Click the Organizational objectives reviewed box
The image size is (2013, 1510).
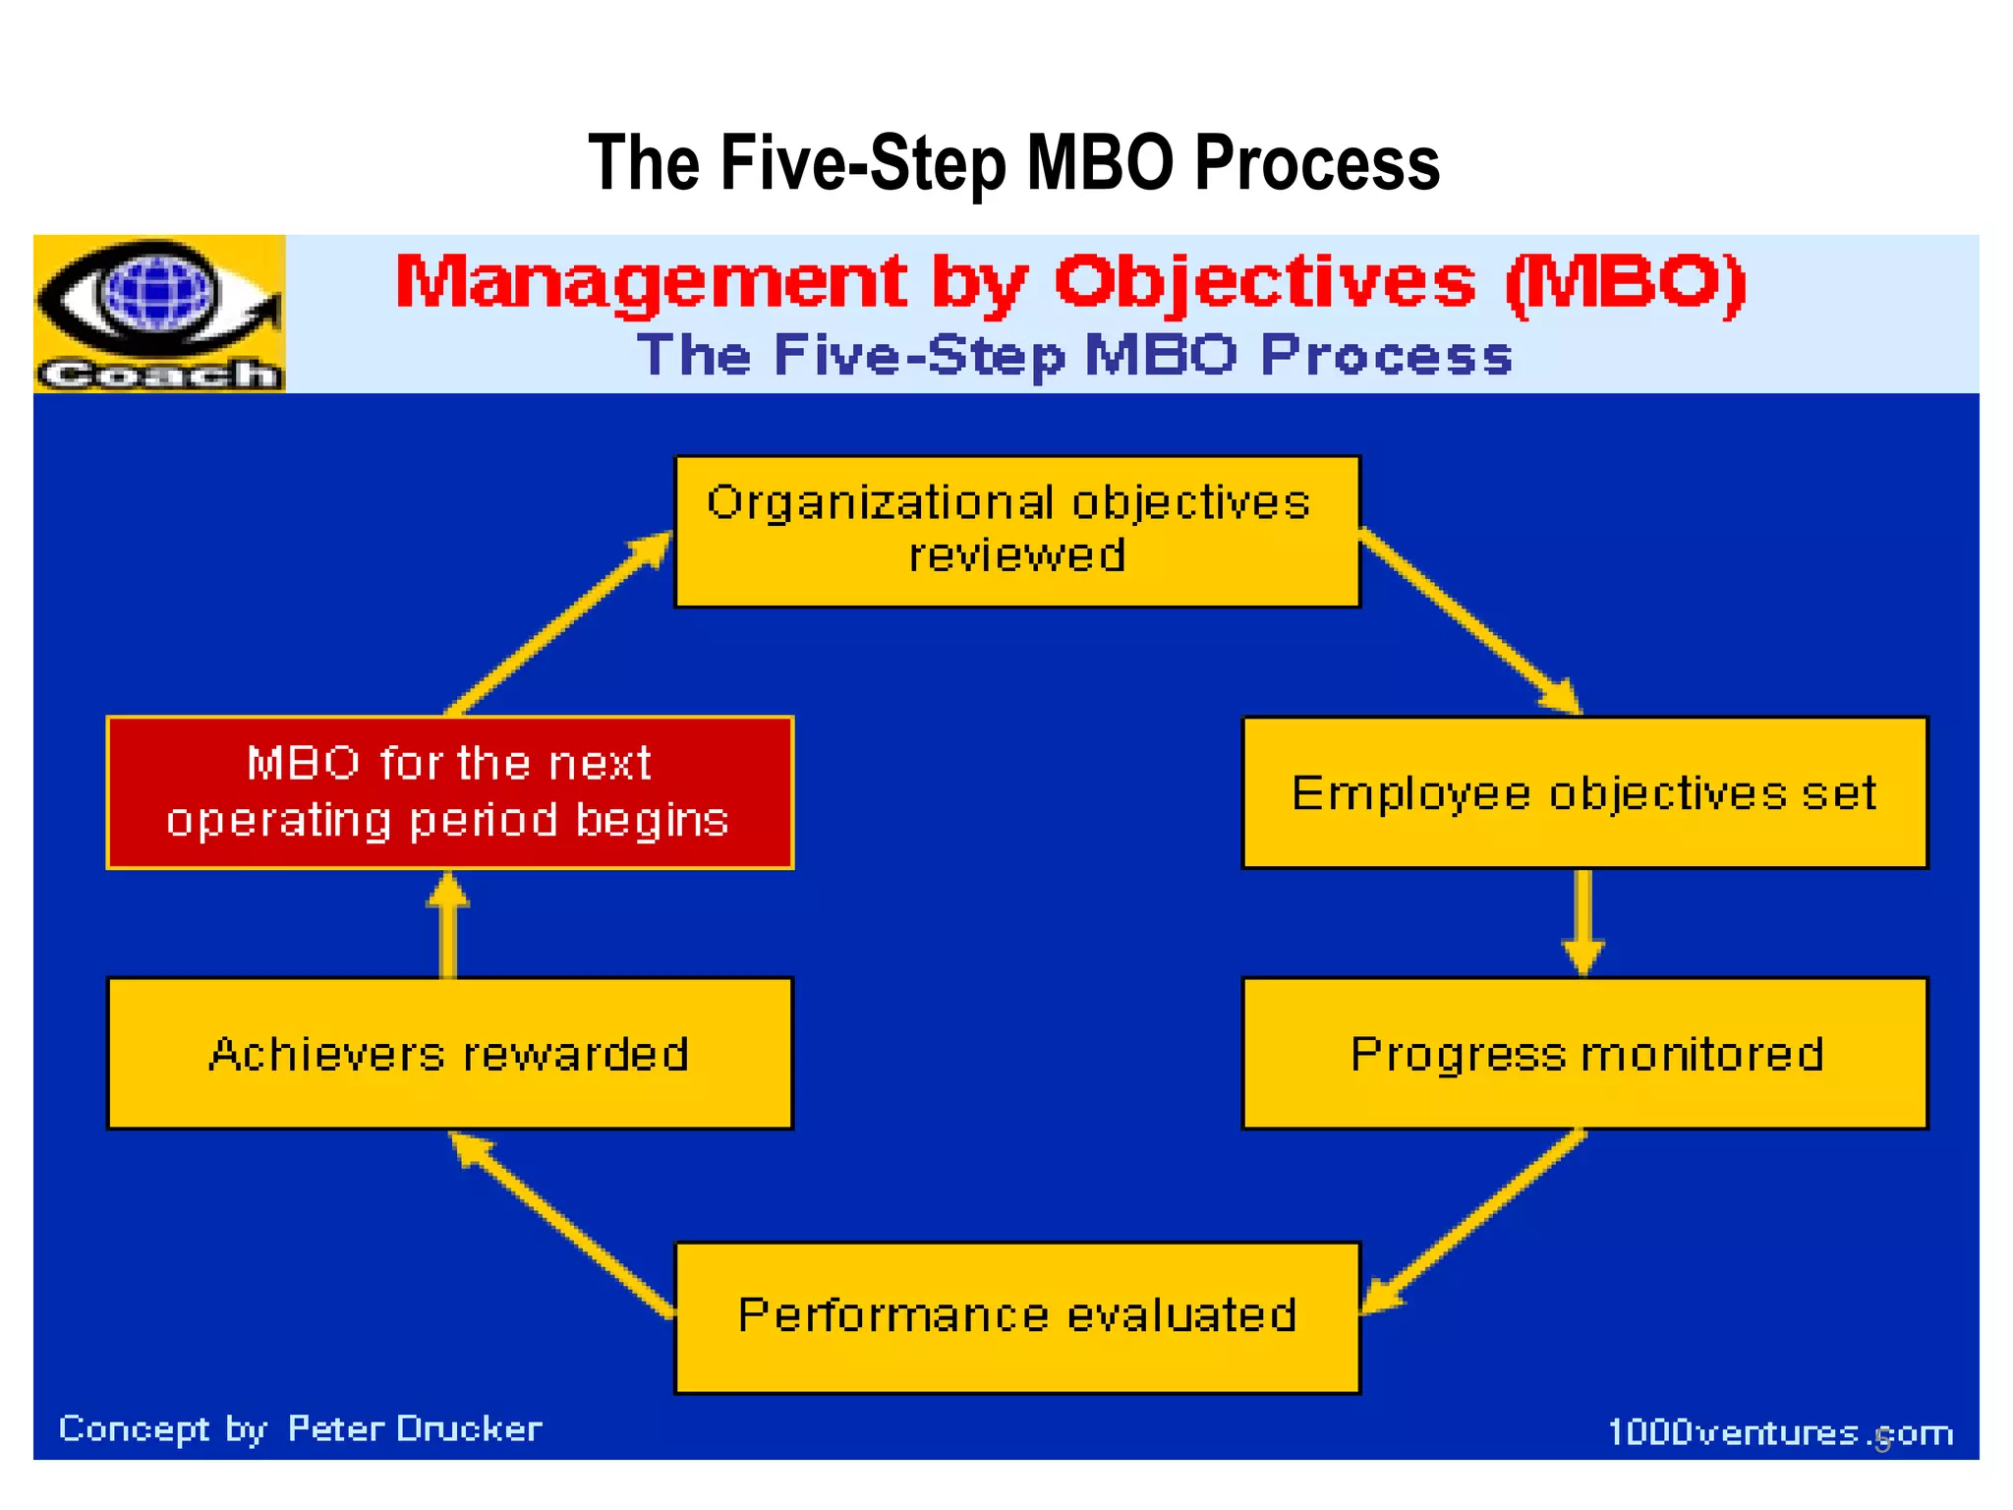(x=1017, y=531)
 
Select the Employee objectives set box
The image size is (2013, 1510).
(x=1584, y=792)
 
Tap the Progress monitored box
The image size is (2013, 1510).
(x=1584, y=1053)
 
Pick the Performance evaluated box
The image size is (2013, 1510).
(x=1017, y=1317)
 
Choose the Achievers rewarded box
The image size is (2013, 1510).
(x=449, y=1053)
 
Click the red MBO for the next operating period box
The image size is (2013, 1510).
(x=449, y=792)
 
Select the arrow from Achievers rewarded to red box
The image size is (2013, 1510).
(x=448, y=924)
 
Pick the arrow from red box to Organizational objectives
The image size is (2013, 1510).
(x=555, y=624)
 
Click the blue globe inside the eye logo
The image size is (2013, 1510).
(x=157, y=293)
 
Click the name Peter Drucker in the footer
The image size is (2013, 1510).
(x=414, y=1428)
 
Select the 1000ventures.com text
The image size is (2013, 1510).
(x=1779, y=1432)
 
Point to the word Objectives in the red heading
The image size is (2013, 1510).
(x=1264, y=283)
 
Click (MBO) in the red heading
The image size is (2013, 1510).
(x=1626, y=283)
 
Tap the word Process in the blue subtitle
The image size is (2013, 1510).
(x=1386, y=356)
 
